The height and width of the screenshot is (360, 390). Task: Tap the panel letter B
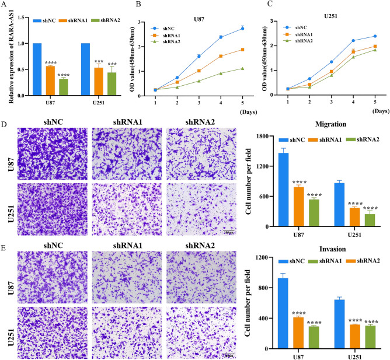tap(138, 8)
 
